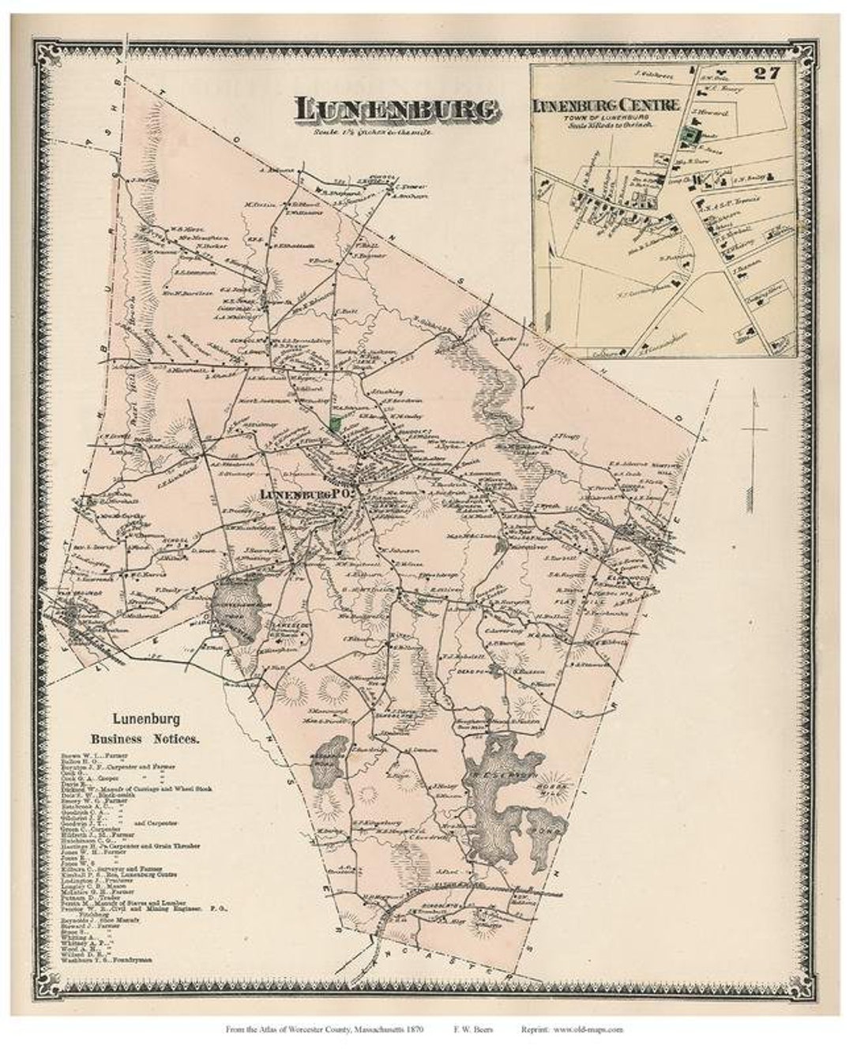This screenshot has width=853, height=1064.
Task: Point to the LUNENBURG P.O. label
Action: pyautogui.click(x=306, y=493)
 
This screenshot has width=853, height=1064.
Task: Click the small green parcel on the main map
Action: pyautogui.click(x=336, y=424)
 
